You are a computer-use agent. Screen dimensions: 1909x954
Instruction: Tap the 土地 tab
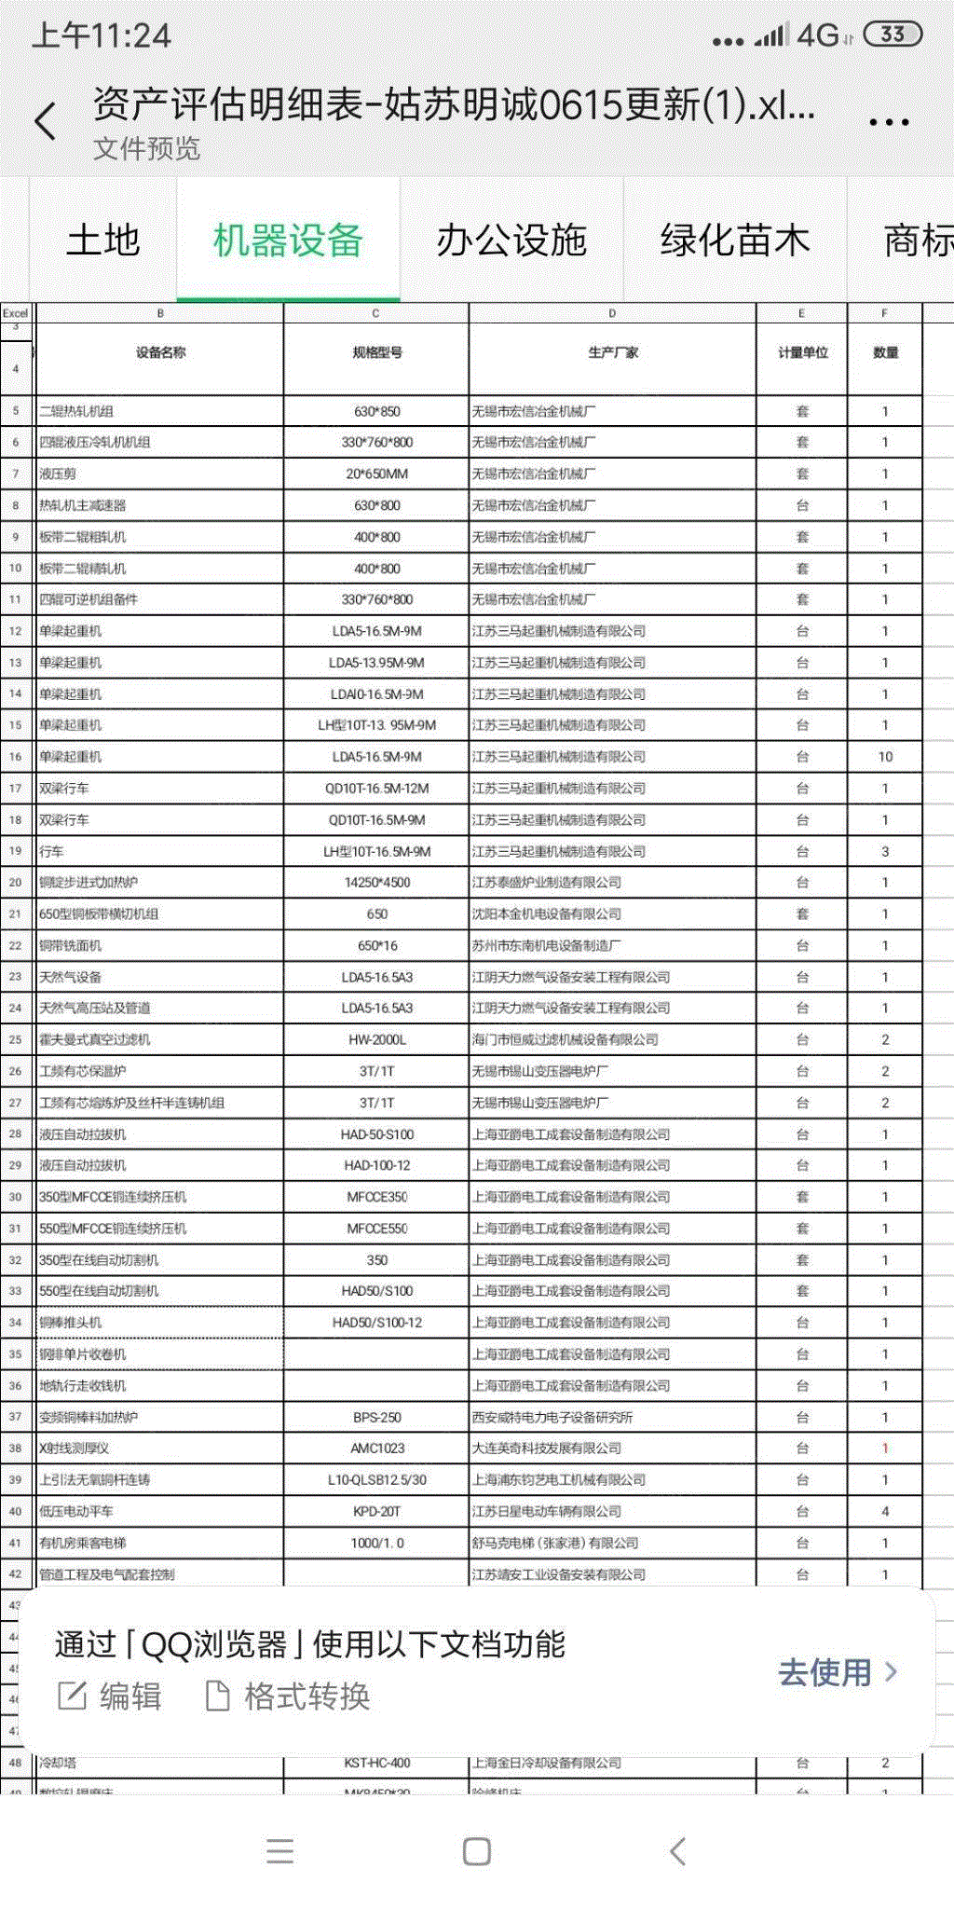[103, 240]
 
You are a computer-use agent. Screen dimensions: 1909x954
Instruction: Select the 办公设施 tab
[511, 240]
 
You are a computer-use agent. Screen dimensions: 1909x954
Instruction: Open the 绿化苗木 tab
[734, 240]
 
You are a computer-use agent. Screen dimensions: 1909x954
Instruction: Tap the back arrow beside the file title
[46, 121]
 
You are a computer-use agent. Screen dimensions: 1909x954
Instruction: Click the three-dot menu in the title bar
[888, 121]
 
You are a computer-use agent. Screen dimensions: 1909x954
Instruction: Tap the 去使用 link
[837, 1672]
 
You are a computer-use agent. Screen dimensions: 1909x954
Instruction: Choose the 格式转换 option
[288, 1696]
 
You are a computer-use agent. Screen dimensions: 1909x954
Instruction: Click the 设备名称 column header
[160, 352]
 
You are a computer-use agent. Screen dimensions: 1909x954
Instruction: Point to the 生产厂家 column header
[612, 352]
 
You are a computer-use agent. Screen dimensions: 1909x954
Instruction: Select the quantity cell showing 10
[885, 757]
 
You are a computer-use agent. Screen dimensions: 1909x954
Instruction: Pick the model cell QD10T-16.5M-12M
[376, 789]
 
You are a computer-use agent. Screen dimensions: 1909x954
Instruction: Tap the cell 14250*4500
[376, 883]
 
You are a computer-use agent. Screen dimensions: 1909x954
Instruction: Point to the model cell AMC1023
[376, 1449]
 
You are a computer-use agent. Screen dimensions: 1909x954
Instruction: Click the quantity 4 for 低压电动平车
[885, 1511]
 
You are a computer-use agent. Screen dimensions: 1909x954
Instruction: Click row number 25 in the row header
[16, 1039]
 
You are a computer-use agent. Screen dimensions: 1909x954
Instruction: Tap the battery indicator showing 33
[893, 34]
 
